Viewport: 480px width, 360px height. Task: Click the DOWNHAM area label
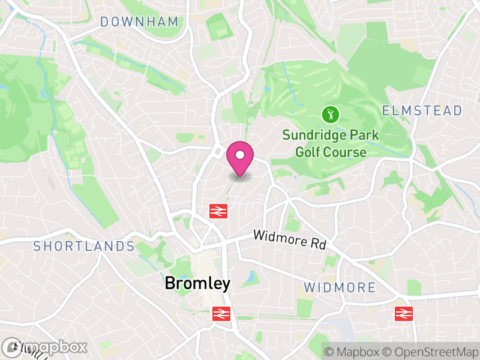(x=139, y=22)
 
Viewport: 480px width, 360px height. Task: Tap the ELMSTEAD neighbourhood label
(x=422, y=110)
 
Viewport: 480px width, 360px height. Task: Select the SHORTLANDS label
(x=84, y=246)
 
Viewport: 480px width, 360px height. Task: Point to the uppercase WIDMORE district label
(x=340, y=287)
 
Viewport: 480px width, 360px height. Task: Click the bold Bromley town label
(x=197, y=284)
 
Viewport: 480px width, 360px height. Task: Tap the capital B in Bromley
(x=170, y=284)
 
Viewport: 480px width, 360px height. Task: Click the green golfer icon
(x=329, y=113)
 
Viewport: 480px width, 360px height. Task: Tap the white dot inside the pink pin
(x=240, y=155)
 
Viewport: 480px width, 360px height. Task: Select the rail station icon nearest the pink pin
(x=217, y=211)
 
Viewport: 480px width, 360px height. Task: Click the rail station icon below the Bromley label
(x=221, y=313)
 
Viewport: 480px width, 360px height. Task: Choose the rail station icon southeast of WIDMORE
(x=403, y=313)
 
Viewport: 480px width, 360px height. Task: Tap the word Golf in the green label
(x=308, y=152)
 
